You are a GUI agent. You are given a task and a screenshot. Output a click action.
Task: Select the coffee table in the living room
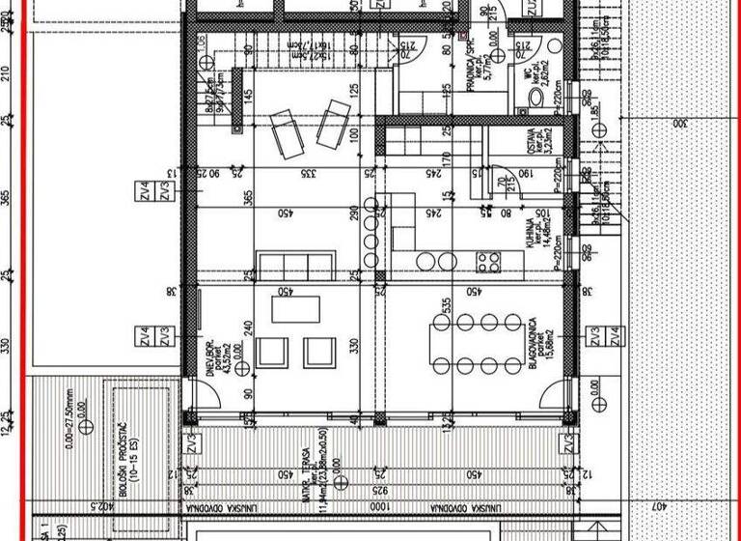296,309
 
